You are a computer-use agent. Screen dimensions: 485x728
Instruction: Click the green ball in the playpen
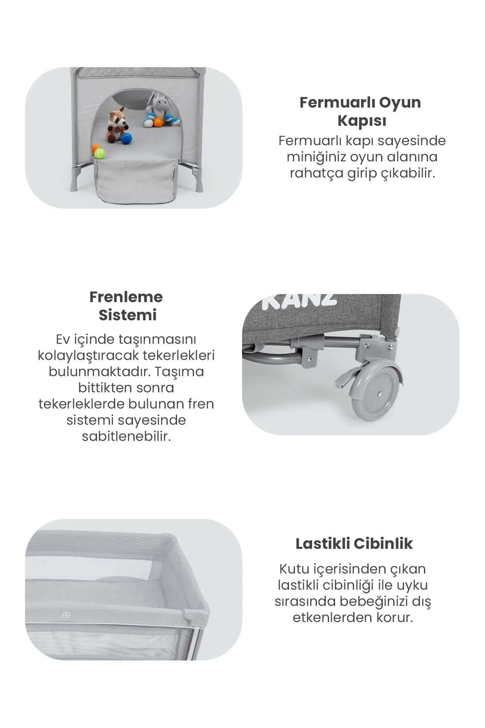100,154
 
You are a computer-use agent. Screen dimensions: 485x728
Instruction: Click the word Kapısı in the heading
362,121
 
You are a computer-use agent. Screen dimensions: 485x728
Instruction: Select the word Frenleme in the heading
126,297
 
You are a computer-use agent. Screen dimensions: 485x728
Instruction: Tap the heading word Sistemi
127,315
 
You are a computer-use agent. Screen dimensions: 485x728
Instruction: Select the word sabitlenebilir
126,436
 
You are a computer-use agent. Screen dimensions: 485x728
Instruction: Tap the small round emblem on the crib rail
66,615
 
